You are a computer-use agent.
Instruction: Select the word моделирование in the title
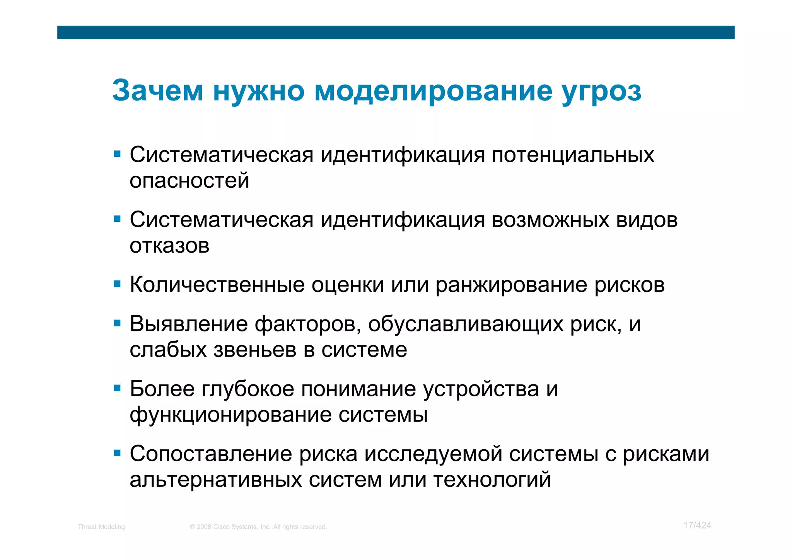point(433,91)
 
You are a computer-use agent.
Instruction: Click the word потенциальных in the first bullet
point(573,155)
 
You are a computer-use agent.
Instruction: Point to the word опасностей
point(189,181)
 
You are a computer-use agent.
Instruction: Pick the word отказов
point(169,246)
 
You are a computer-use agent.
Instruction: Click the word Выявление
point(188,324)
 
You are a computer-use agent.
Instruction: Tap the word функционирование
point(230,415)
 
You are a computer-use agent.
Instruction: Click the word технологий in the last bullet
point(492,480)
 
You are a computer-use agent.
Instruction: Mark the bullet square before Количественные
point(117,284)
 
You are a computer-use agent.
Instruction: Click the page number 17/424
point(697,525)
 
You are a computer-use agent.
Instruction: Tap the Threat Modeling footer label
point(101,527)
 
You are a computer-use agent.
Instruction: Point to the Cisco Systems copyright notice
point(258,527)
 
